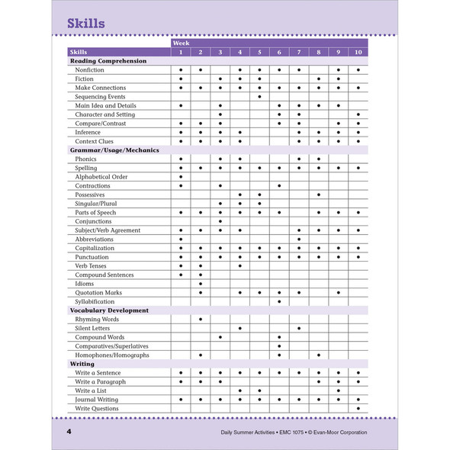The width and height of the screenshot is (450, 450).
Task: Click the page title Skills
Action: tap(85, 24)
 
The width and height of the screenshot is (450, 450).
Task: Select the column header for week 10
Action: tap(358, 52)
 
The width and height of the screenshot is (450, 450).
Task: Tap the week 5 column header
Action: tap(259, 52)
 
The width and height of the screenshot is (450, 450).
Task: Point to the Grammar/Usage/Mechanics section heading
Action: tap(114, 150)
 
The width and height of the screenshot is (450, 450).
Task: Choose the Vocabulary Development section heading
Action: tap(110, 310)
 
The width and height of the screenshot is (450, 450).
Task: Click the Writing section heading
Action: tap(82, 364)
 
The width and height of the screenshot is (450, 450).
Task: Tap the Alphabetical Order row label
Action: tap(101, 177)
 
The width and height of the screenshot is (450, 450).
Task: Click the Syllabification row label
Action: tap(98, 301)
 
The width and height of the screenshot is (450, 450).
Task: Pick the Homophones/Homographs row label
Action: tap(112, 355)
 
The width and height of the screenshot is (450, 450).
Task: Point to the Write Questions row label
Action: tap(97, 408)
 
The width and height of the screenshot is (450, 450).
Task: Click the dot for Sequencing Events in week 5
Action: tap(259, 97)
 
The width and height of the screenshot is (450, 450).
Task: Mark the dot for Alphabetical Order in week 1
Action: tap(181, 177)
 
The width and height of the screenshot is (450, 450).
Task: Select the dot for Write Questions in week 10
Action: tap(358, 408)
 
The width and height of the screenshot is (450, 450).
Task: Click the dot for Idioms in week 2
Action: tap(201, 284)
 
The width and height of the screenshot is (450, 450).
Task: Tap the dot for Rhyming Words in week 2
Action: tap(201, 319)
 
